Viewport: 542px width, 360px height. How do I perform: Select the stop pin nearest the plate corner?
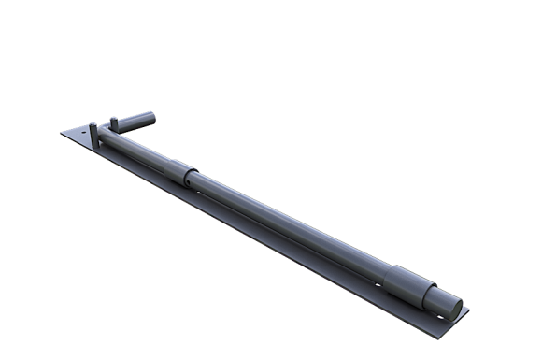(93, 132)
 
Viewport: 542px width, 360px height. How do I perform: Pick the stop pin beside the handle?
(114, 122)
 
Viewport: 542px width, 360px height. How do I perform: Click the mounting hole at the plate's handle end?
(82, 133)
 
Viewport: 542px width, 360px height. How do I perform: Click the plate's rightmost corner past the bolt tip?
(469, 310)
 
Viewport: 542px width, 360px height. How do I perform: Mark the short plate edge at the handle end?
(78, 126)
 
